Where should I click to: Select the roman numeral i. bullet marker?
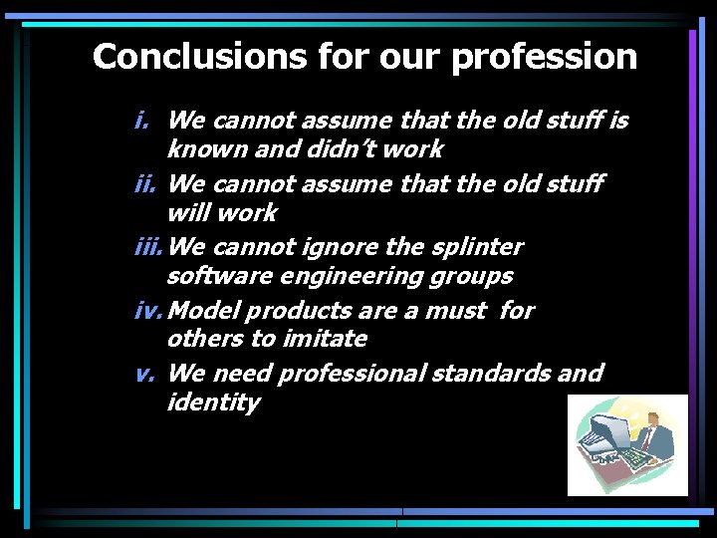[142, 122]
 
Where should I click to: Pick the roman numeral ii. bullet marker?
[146, 184]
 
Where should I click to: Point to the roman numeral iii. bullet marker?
[150, 246]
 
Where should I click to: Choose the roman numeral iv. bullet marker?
[150, 311]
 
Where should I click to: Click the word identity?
[213, 403]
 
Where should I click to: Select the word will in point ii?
[189, 213]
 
